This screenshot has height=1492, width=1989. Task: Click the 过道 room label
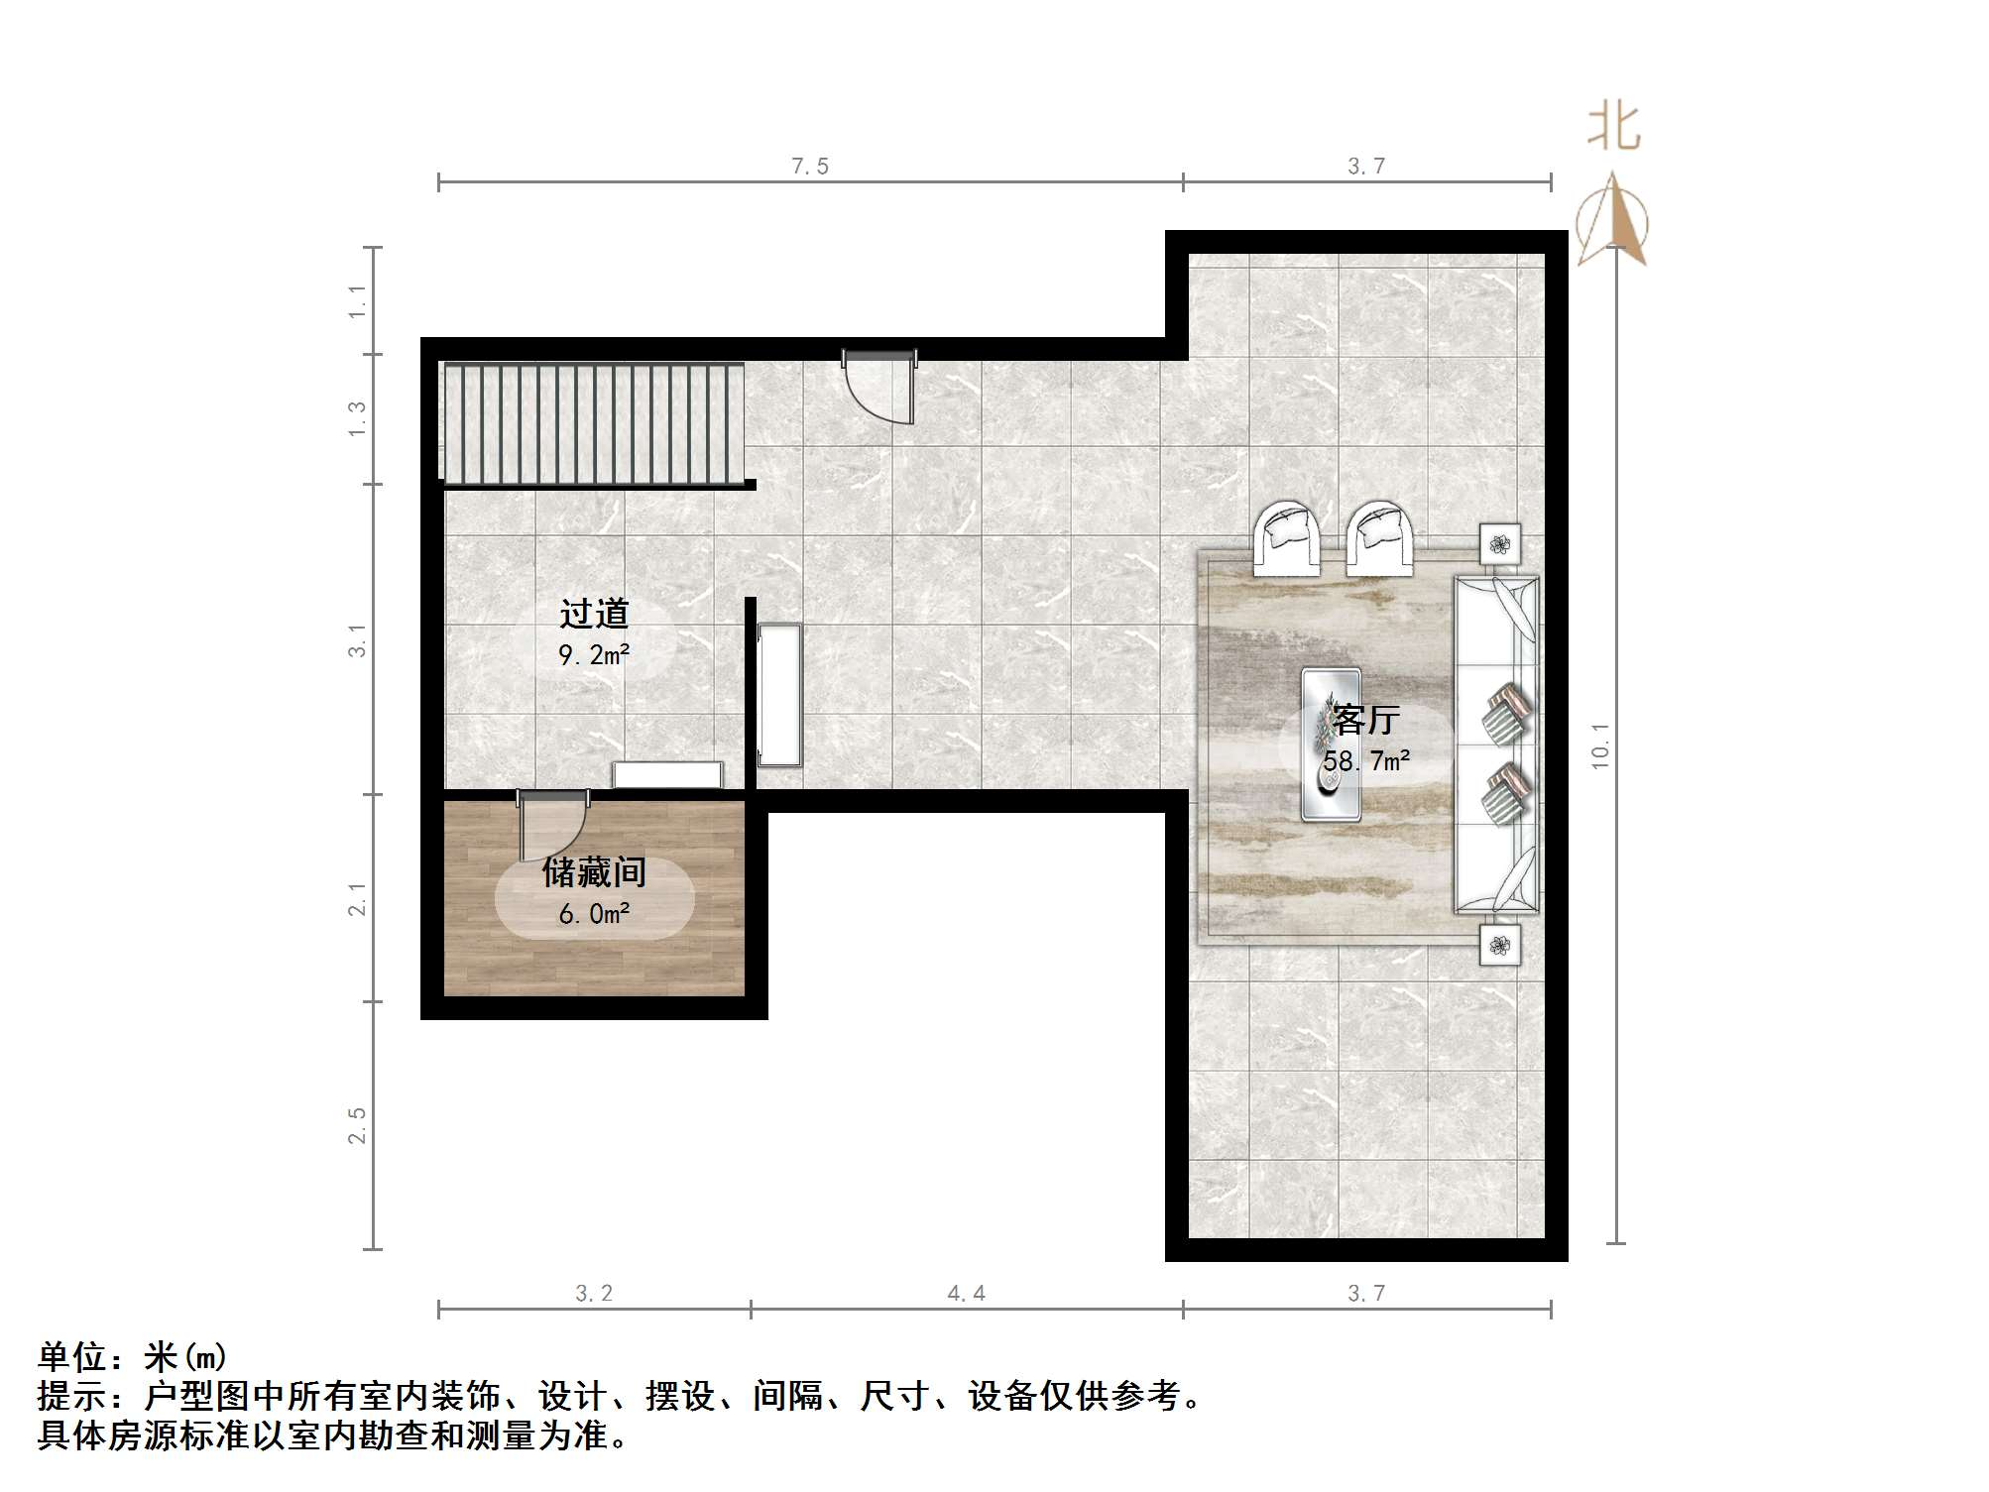[594, 615]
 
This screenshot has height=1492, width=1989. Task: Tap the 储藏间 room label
[594, 872]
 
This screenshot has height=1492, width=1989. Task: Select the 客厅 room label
[1366, 720]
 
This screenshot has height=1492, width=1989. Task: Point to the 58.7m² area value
[1366, 761]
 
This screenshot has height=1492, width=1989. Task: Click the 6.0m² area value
[594, 914]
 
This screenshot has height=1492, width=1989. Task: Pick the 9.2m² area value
[594, 655]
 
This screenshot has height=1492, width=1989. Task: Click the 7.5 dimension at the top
[809, 167]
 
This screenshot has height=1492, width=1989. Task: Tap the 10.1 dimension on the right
[1600, 745]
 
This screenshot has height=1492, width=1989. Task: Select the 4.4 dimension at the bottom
[966, 1293]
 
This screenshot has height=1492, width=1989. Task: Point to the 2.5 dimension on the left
[357, 1125]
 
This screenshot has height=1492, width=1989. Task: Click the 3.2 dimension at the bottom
[594, 1293]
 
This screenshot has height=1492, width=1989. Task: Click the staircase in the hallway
[593, 423]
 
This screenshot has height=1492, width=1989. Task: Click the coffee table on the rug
[1331, 745]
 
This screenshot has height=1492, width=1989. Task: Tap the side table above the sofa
[1499, 543]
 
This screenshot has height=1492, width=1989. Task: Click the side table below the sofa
[1499, 945]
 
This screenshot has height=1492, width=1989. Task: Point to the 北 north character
[1613, 128]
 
